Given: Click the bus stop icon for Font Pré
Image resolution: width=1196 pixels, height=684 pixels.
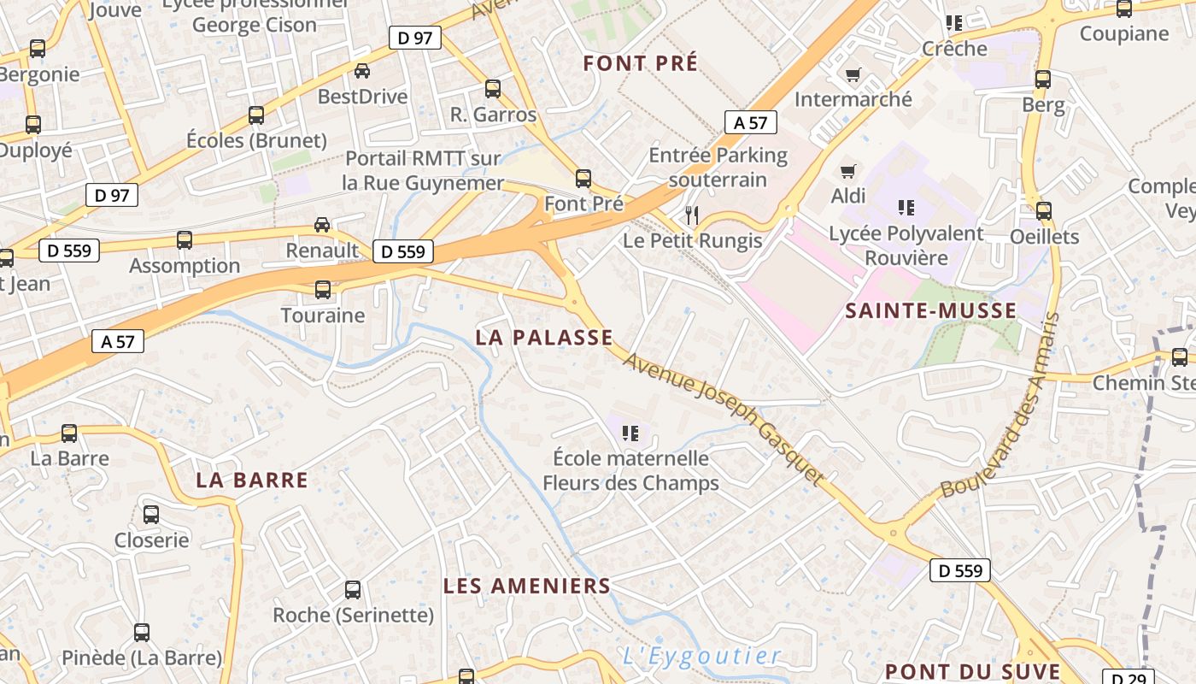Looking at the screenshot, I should tap(583, 179).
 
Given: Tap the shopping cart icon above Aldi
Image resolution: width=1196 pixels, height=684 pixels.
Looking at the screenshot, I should tap(847, 171).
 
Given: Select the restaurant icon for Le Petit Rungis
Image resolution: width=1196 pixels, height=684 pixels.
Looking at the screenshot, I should tap(692, 215).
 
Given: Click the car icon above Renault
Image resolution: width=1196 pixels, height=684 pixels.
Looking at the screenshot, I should tap(322, 225).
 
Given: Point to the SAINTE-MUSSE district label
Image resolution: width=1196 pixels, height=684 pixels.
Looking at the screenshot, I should tap(930, 310).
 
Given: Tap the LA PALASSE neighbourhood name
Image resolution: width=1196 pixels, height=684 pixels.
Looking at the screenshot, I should tap(544, 338).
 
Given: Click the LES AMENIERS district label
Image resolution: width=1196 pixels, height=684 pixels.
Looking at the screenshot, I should tap(527, 586).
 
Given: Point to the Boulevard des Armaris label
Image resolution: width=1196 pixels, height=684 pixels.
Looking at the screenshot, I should tap(1001, 406).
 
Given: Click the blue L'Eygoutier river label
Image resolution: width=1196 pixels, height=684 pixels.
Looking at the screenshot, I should tap(701, 657).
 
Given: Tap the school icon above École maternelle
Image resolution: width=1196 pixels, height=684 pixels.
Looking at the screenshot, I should tap(630, 433).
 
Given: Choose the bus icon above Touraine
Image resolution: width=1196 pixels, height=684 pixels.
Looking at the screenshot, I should tap(323, 290).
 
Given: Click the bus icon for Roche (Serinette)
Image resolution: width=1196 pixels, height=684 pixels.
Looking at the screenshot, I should tap(353, 590).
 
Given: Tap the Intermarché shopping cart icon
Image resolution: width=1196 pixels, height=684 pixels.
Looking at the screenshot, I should tap(853, 74).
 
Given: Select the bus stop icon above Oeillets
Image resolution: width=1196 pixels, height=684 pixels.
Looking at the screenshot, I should tap(1044, 211).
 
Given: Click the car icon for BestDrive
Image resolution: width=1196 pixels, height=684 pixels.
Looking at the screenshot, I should tap(362, 71).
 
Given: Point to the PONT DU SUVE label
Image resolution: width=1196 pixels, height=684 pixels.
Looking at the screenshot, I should tap(972, 671).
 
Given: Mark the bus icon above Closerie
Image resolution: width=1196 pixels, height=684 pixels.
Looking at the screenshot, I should tap(151, 515).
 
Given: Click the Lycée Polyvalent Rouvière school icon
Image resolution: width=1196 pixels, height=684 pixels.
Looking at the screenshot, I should tap(906, 208).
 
